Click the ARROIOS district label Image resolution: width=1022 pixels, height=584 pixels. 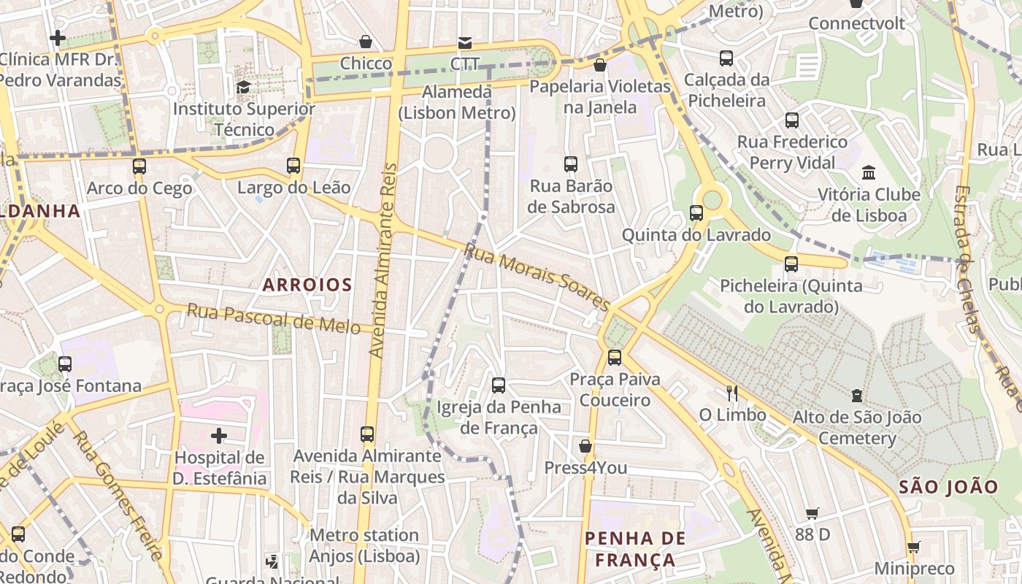point(307,285)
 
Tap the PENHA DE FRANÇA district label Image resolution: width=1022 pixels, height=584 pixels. point(635,549)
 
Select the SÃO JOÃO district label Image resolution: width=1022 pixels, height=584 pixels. point(948,487)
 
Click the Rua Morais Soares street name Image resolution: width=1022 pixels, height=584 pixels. point(537,277)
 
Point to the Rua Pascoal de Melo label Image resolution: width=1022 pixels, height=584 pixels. point(279,318)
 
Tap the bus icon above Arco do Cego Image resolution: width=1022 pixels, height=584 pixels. point(139,166)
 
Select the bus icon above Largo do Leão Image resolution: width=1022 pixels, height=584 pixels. point(293,166)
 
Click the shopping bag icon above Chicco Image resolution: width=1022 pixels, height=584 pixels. point(366,42)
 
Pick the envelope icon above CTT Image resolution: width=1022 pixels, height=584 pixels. point(464,42)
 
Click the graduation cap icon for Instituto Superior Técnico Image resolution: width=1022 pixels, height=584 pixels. point(243,88)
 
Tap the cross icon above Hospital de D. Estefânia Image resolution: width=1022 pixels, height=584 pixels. point(219,437)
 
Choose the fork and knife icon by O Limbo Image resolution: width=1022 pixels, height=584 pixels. point(732,393)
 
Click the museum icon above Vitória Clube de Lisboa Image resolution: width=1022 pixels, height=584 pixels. point(869,173)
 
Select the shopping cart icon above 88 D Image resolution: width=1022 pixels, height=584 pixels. point(812,513)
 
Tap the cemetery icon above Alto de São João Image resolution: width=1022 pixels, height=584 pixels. point(857,396)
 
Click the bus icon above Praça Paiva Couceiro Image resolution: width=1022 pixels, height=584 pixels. point(615,358)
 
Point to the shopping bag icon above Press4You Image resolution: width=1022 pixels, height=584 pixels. point(585,446)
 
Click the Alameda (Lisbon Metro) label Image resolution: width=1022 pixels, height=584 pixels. point(457,102)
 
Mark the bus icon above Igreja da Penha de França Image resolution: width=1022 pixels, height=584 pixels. point(499,385)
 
